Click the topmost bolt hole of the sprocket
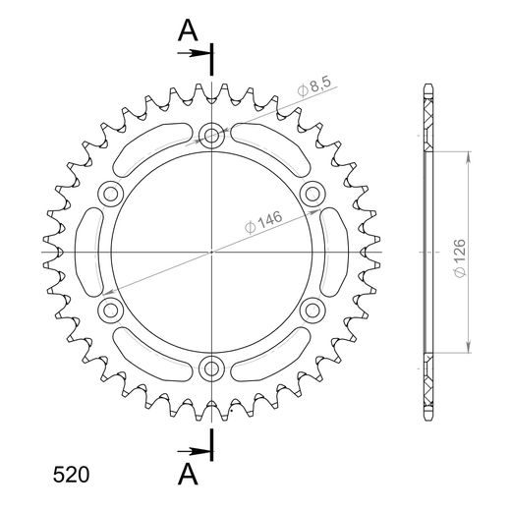point(211,136)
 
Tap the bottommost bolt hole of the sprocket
point(211,369)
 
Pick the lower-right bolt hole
point(312,312)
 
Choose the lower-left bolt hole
point(109,312)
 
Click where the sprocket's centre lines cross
point(211,253)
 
